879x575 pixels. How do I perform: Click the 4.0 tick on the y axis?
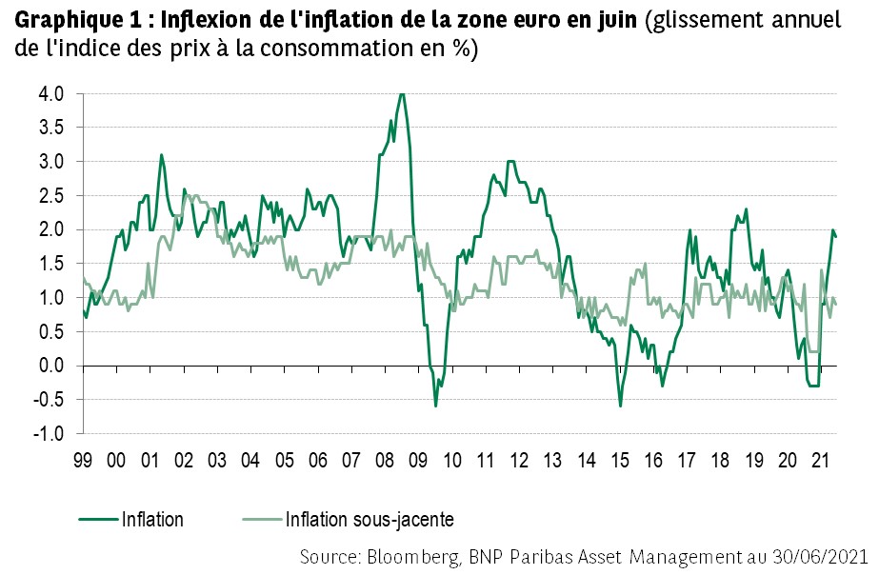[51, 94]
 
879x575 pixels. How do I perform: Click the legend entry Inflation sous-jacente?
[369, 520]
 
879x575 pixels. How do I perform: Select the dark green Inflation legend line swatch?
[98, 520]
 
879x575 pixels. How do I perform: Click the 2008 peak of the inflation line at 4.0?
[402, 94]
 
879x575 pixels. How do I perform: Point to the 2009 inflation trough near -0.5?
[435, 406]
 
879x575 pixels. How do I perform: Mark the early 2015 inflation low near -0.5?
[621, 406]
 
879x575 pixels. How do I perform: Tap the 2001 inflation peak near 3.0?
[161, 154]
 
